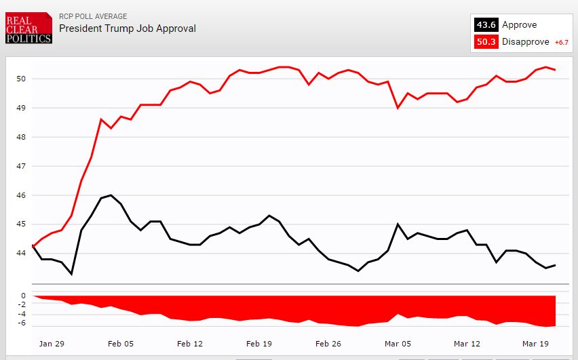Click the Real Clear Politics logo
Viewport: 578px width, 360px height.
pos(28,28)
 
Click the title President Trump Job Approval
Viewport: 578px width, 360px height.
pos(127,28)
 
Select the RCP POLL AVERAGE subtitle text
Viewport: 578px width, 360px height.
pos(93,16)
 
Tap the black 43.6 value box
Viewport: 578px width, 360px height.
pos(486,25)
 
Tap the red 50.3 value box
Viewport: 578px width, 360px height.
pos(486,43)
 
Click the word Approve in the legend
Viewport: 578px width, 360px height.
pos(519,25)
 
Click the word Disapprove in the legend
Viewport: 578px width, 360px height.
pos(526,43)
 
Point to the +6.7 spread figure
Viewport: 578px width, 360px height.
pos(561,43)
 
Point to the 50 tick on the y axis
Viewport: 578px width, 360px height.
pos(20,79)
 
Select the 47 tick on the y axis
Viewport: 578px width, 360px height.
pos(20,166)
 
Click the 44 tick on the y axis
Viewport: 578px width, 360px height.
pos(20,253)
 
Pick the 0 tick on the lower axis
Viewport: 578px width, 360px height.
pos(23,296)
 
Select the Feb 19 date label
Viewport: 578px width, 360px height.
pos(258,344)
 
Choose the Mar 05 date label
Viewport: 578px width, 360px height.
pos(398,344)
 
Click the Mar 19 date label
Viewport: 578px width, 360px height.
pos(535,344)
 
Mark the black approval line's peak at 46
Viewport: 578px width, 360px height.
pos(111,195)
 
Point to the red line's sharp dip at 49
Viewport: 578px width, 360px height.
pos(398,108)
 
